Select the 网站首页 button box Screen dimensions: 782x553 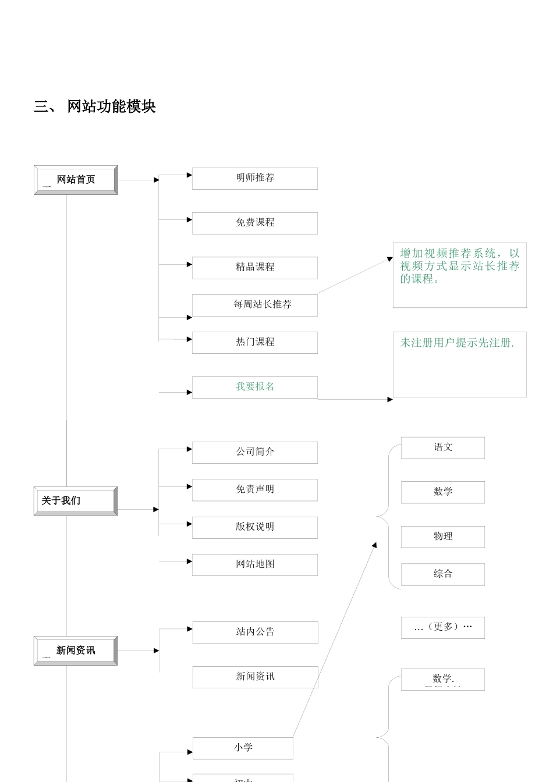click(76, 180)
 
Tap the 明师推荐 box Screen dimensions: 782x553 click(255, 178)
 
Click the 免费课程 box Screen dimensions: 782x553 click(255, 223)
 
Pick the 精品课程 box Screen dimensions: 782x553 click(255, 268)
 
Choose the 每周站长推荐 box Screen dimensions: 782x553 click(255, 305)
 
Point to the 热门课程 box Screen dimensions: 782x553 click(255, 342)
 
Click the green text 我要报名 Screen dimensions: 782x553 click(255, 387)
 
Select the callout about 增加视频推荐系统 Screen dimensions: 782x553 click(459, 274)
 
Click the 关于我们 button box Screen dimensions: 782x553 click(76, 501)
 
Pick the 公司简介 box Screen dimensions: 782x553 click(255, 452)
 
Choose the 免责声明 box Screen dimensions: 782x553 click(255, 489)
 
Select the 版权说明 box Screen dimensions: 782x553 click(255, 527)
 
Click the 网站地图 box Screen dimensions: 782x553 click(255, 564)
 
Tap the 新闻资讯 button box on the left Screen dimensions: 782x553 click(76, 651)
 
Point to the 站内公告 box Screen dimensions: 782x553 click(255, 632)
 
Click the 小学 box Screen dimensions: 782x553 click(243, 748)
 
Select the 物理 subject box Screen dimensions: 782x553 click(442, 536)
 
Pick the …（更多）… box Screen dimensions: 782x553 click(442, 627)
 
